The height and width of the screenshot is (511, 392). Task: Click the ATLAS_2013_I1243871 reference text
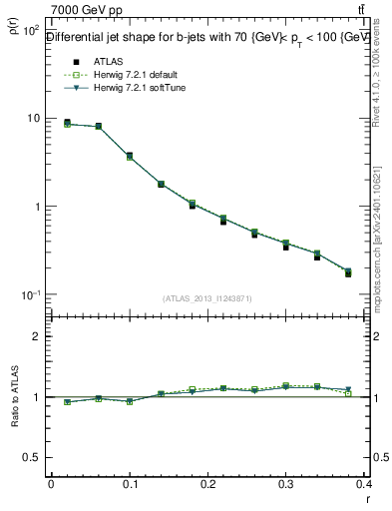click(x=206, y=298)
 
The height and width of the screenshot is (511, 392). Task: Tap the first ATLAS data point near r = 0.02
click(x=67, y=123)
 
